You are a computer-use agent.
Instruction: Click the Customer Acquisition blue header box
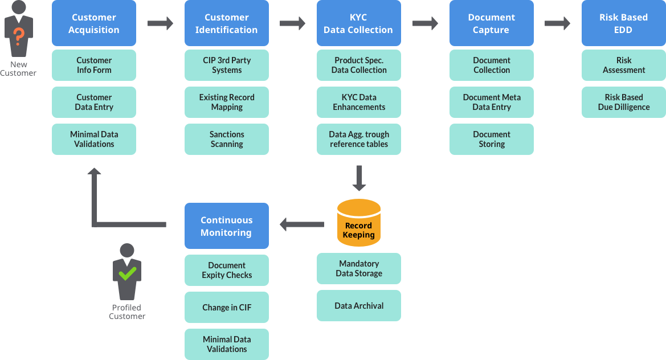(x=94, y=23)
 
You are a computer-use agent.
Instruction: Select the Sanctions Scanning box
(x=227, y=140)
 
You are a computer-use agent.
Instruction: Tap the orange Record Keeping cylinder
(x=358, y=223)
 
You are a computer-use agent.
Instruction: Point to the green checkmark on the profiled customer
(x=127, y=274)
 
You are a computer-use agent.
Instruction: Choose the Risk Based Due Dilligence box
(x=624, y=103)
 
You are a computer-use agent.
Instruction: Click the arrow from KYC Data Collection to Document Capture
(x=425, y=23)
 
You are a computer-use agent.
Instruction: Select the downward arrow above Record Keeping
(x=359, y=178)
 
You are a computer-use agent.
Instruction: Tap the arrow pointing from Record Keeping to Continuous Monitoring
(x=301, y=224)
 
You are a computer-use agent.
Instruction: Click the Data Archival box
(x=359, y=306)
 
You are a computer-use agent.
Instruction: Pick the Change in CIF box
(x=227, y=308)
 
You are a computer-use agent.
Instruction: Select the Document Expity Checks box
(x=227, y=271)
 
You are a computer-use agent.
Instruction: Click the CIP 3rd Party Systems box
(x=227, y=66)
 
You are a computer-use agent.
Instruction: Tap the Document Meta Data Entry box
(x=492, y=103)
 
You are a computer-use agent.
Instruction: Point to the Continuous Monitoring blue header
(x=227, y=226)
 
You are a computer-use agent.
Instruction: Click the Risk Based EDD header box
(x=624, y=23)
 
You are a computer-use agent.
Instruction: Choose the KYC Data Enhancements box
(x=359, y=103)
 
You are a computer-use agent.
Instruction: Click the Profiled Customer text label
(x=127, y=312)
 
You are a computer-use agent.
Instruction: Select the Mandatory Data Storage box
(x=359, y=269)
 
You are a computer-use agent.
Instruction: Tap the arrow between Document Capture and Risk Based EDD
(x=557, y=23)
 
